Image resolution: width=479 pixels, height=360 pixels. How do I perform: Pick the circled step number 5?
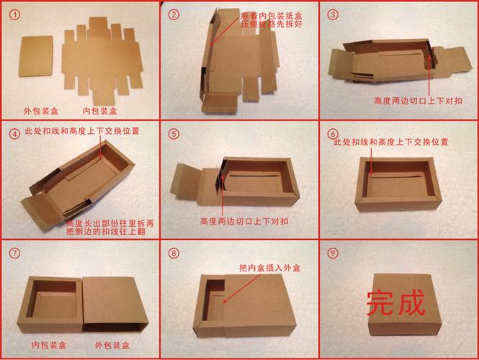click(x=174, y=134)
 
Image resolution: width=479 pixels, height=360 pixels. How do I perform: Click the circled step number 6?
click(x=332, y=134)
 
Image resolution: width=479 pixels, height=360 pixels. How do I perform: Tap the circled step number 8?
click(x=174, y=253)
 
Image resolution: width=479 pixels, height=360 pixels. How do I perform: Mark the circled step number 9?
click(x=332, y=253)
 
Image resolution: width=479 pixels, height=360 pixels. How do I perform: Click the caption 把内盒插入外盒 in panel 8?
click(x=269, y=268)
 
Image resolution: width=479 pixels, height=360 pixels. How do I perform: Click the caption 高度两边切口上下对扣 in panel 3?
click(x=418, y=101)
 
